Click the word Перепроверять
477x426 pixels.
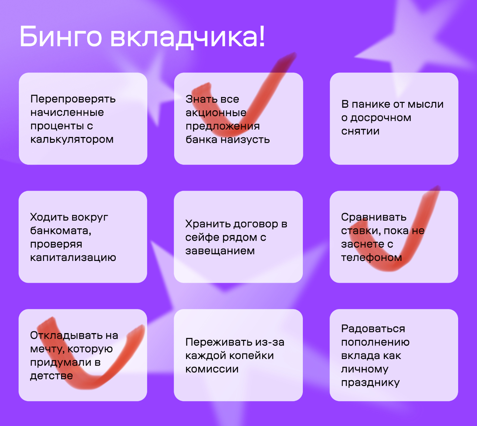(x=73, y=99)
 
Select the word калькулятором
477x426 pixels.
(x=72, y=140)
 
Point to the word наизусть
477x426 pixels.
(x=245, y=140)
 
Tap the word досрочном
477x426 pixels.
(x=381, y=118)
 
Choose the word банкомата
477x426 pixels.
(x=61, y=231)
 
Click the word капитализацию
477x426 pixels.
(x=73, y=258)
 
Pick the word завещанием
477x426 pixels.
(x=220, y=251)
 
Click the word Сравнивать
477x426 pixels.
(x=373, y=217)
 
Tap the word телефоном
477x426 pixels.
(x=372, y=258)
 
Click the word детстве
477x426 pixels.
(x=51, y=376)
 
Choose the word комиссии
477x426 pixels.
(x=212, y=369)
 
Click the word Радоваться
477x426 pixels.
(x=373, y=329)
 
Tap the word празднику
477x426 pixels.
(x=371, y=382)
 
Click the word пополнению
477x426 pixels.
(x=375, y=342)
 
